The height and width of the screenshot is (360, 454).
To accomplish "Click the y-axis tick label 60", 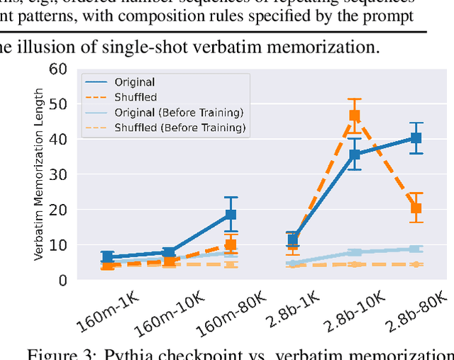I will [x=58, y=69].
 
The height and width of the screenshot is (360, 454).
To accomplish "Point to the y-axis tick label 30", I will [x=58, y=175].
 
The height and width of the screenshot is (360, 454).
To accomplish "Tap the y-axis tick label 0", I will [x=62, y=281].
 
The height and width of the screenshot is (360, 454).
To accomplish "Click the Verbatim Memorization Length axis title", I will [x=40, y=174].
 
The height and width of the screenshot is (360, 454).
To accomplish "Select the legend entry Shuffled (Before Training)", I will [x=180, y=128].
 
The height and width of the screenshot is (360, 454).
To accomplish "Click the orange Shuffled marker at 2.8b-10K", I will [x=355, y=116].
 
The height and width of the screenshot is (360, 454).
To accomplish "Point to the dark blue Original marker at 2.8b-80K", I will [x=416, y=139].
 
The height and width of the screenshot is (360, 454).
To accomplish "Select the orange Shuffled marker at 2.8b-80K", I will [x=416, y=208].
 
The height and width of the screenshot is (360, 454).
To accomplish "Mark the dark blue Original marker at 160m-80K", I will [x=231, y=215].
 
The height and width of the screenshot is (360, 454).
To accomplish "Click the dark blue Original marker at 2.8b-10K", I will [x=355, y=154].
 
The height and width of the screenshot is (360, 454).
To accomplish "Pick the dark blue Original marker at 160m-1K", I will [x=107, y=257].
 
